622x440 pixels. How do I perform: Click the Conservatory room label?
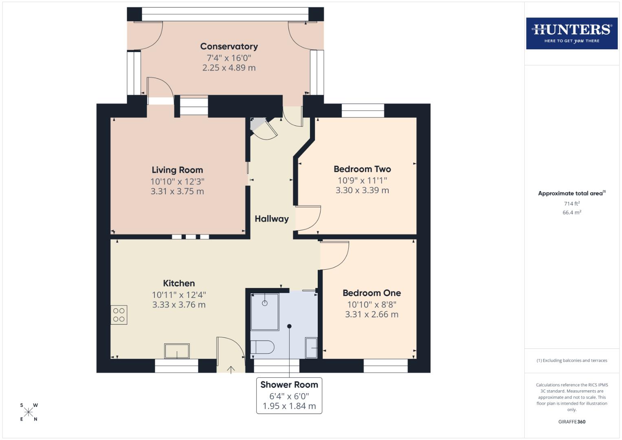click(x=229, y=46)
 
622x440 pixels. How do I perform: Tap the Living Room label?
click(x=177, y=170)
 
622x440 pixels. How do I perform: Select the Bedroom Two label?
click(x=362, y=169)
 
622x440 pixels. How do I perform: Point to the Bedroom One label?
click(x=371, y=293)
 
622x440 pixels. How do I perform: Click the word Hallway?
click(x=272, y=219)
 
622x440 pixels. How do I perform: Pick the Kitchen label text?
click(x=179, y=283)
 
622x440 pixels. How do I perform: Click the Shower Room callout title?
click(x=289, y=385)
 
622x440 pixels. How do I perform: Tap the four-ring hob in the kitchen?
click(x=119, y=315)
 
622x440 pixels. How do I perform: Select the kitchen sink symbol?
click(x=177, y=351)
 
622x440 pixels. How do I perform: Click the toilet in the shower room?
click(x=262, y=347)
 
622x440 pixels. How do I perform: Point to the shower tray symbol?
click(x=265, y=312)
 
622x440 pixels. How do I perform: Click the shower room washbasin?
click(x=311, y=348)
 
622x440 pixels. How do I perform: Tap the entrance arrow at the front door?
click(x=231, y=370)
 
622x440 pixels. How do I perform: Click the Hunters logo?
click(x=572, y=33)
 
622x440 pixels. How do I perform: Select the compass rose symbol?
click(x=29, y=412)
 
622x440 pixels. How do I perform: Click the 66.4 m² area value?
click(x=572, y=212)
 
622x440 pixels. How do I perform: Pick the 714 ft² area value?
click(x=572, y=204)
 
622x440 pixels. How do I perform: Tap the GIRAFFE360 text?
click(x=572, y=422)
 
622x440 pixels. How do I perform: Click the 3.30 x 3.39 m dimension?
click(x=362, y=190)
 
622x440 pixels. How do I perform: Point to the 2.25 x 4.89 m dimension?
click(x=229, y=68)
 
